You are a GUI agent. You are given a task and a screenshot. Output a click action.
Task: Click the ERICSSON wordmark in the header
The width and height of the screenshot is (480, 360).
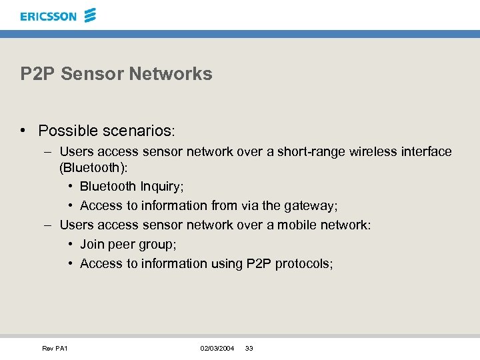(49, 16)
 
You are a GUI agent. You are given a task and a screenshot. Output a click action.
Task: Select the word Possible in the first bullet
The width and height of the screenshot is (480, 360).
(66, 130)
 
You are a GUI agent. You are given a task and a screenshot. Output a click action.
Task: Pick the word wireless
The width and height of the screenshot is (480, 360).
(375, 152)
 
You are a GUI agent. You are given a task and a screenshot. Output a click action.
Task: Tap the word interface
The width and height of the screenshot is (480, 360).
(427, 152)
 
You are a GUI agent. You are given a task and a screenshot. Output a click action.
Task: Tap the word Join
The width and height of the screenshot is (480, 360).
(92, 244)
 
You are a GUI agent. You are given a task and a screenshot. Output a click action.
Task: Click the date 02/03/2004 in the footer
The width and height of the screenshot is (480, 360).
(217, 349)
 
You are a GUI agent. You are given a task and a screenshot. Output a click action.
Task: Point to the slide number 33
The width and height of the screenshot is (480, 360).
(249, 349)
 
